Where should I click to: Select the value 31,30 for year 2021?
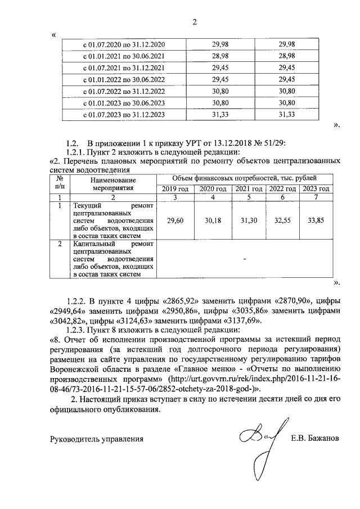(246, 221)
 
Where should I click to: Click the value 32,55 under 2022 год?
(282, 221)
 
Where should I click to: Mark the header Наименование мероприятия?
(110, 183)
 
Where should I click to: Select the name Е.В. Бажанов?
(315, 439)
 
